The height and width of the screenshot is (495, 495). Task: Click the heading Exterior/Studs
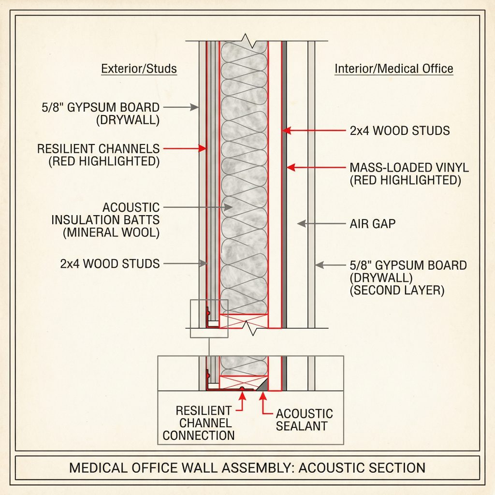139,69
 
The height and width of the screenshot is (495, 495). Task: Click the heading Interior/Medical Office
393,69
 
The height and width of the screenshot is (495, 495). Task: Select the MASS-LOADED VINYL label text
409,168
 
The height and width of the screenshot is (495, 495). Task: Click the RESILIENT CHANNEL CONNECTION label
199,423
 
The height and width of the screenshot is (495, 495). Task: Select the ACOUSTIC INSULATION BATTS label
105,220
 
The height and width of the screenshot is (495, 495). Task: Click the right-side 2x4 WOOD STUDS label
400,131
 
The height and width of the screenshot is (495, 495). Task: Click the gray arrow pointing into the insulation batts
198,207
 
